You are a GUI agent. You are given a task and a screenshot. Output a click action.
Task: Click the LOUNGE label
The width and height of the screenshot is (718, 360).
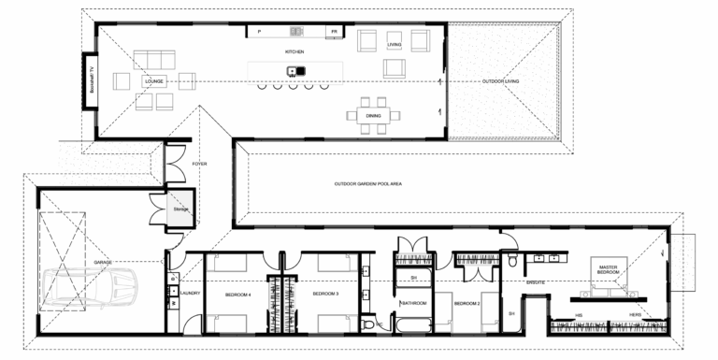154,82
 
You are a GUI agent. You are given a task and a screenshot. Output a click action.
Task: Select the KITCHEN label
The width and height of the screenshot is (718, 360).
294,51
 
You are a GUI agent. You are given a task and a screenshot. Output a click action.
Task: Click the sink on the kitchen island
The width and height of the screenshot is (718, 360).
292,70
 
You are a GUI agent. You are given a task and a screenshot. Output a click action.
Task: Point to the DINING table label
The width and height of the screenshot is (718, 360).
373,115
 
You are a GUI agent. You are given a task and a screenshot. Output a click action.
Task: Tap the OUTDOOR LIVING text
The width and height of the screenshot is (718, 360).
500,82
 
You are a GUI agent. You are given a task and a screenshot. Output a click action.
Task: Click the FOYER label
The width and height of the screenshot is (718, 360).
199,164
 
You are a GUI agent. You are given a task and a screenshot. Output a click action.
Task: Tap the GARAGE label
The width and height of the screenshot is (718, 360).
103,263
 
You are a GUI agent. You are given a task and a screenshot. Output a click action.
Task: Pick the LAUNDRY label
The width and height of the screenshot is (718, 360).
191,294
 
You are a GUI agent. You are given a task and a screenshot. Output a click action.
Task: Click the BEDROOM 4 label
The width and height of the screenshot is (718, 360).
239,294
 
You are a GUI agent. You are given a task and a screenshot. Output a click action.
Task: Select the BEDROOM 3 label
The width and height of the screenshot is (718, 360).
324,294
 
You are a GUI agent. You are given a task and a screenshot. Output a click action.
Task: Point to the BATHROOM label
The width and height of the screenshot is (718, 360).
414,304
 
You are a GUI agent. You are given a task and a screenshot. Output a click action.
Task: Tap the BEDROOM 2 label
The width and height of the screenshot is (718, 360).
467,304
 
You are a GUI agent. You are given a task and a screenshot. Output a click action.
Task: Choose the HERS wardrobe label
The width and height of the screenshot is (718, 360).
635,315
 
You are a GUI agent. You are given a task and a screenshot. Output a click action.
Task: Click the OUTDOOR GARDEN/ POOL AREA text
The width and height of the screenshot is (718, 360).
367,184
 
